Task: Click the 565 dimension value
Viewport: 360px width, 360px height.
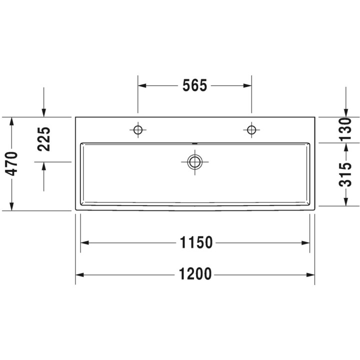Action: [194, 85]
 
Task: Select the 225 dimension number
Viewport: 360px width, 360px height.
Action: [44, 139]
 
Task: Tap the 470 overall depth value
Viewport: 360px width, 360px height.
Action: [11, 163]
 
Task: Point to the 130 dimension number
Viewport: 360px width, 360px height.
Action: [345, 129]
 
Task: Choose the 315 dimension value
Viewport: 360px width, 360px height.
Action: [345, 174]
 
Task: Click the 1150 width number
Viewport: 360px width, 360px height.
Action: [196, 242]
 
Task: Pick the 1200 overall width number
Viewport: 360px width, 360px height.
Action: [195, 274]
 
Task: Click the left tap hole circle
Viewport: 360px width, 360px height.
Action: [138, 130]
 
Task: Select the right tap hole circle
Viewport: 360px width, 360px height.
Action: [251, 130]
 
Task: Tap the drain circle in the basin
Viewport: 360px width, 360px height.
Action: [194, 162]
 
